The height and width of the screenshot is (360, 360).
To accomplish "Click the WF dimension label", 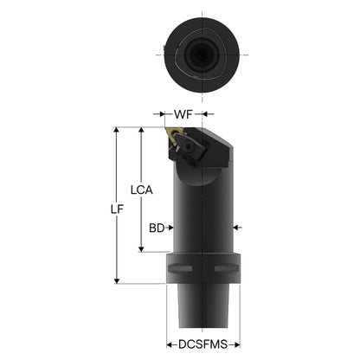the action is tap(183, 114).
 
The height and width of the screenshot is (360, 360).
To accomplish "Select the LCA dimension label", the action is tap(141, 190).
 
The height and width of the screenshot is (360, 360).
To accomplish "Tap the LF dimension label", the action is tap(117, 209).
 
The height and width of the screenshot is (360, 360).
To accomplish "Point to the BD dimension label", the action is tap(157, 228).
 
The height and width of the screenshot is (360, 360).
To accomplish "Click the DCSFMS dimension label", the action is tap(202, 344).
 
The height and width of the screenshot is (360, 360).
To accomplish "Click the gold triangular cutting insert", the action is tap(174, 135).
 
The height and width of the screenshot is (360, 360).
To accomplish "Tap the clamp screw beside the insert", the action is tap(189, 147).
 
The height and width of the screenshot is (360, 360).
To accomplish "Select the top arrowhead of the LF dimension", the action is tap(117, 130).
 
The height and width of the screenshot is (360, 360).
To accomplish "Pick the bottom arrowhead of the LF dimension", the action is tap(117, 280).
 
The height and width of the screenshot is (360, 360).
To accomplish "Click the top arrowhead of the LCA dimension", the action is tap(141, 130).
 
